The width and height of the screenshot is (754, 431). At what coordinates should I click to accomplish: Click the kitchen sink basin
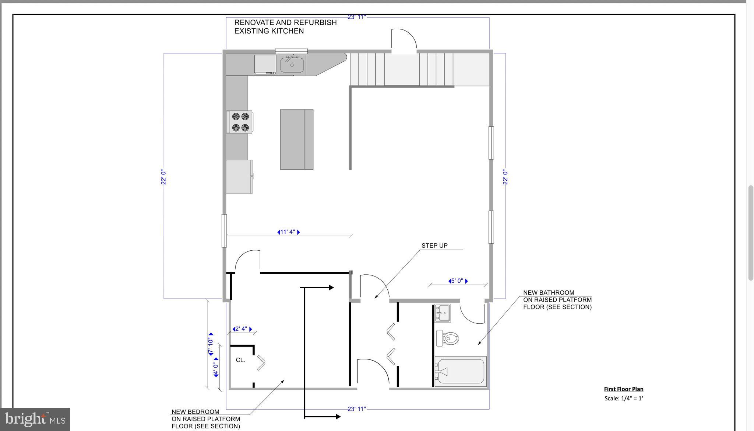pos(292,65)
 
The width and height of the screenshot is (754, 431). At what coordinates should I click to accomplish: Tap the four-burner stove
pos(240,122)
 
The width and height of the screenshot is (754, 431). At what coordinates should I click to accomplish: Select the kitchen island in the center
pos(296,139)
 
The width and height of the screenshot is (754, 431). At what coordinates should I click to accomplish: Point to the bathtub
pos(460,371)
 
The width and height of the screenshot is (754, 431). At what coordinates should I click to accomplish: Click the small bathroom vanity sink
pos(442,313)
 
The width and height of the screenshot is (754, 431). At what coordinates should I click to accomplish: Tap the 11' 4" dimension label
pos(288,232)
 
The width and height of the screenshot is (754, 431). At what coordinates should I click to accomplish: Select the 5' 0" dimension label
pos(458,281)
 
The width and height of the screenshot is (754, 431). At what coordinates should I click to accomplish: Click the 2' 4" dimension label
pos(242,329)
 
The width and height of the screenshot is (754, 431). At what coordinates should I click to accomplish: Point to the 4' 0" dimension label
pos(216,367)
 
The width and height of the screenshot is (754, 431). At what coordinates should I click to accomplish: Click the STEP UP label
pos(434,246)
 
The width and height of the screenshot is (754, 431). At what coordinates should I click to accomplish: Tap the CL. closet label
pos(240,360)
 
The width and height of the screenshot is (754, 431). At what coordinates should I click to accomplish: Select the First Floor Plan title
pos(623,389)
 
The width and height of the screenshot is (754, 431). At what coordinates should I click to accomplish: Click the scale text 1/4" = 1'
pos(623,398)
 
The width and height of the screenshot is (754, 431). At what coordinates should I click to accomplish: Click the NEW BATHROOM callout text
pos(557,299)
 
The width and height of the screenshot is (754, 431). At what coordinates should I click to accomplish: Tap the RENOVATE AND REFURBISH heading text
pos(285,27)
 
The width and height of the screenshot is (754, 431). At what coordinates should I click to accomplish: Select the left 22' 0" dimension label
pos(163,177)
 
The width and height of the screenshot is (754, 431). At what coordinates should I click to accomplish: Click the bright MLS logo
pos(35,419)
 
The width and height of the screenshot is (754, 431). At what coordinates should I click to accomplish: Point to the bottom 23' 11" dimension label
pos(356,409)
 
